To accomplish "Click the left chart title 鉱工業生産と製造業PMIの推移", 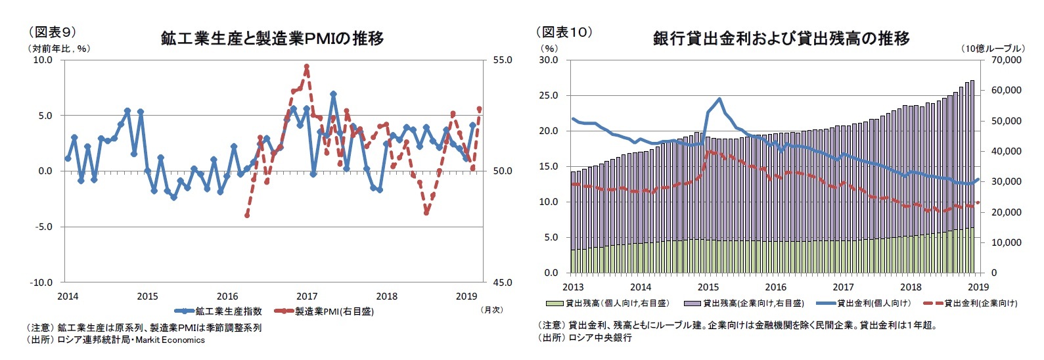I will (272, 38).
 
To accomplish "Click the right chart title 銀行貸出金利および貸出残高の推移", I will (781, 38).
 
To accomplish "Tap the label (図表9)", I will (51, 32).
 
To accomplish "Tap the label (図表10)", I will (564, 32).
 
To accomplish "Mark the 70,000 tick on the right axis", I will (1005, 60).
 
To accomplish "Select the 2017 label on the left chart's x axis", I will (307, 296).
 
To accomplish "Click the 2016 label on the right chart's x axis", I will (775, 287).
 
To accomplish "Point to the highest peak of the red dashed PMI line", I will (307, 66).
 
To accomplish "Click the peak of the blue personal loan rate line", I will (720, 99).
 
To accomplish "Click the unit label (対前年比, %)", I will (58, 48).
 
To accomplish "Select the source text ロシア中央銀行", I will (601, 338).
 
